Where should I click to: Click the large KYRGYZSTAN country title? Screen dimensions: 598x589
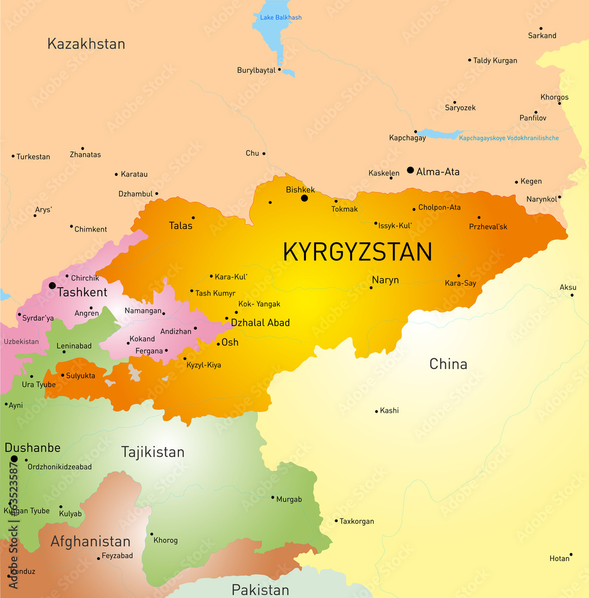[357, 252]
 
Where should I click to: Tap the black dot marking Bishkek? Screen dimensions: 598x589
[304, 198]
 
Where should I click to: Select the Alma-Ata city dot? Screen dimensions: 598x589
[410, 170]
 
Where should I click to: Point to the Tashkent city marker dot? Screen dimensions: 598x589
[52, 286]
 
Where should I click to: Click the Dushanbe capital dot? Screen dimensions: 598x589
[14, 459]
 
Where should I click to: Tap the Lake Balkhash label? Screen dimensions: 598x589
[281, 17]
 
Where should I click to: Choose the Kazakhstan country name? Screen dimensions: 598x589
[86, 44]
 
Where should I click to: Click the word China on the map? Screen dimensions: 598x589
[448, 364]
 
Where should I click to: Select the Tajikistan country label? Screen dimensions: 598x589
[153, 451]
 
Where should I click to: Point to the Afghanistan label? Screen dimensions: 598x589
[90, 541]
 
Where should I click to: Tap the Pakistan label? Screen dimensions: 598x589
[260, 590]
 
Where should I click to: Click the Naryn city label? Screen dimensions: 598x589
[385, 280]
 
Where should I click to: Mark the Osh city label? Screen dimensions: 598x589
[230, 342]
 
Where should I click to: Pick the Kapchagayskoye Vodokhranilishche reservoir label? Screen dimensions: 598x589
[509, 138]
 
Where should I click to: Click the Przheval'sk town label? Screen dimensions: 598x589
[488, 227]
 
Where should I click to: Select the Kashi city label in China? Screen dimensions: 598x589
[389, 410]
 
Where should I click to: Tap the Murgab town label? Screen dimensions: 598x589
[289, 499]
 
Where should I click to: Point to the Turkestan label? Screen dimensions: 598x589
[33, 157]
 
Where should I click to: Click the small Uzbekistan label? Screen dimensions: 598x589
[21, 341]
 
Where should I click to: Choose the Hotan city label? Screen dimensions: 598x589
[559, 559]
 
